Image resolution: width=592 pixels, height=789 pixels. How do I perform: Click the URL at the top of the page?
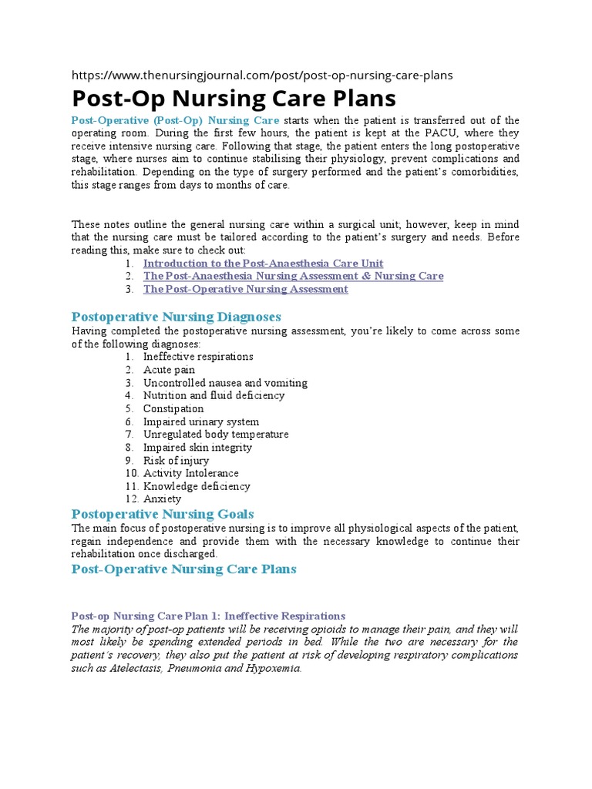coord(262,76)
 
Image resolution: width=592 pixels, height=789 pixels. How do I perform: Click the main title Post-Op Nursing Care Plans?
coord(234,99)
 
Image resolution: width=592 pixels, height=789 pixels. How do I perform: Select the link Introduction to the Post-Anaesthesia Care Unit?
coord(263,264)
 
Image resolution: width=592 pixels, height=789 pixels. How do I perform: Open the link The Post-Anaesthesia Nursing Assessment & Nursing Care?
coord(293,276)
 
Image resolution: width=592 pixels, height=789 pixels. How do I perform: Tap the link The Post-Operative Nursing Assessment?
coord(245,289)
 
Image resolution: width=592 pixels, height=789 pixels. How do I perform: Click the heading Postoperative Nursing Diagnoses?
coord(176,317)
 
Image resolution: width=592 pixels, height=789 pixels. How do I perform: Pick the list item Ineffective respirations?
coord(198,357)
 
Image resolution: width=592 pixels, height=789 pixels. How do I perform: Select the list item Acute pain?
coord(169,370)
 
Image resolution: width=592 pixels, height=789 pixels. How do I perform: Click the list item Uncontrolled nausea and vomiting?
coord(225,383)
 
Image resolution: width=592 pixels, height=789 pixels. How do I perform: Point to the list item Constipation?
coord(173,408)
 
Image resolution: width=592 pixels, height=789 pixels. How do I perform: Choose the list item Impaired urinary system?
coord(201,421)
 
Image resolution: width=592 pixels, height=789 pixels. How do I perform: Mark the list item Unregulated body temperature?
coord(216,435)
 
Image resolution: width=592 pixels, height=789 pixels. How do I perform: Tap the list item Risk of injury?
coord(176,461)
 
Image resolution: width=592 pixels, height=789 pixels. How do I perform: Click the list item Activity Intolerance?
coord(190,473)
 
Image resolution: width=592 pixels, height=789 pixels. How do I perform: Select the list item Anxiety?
coord(162,499)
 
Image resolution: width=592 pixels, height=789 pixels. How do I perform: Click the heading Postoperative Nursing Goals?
coord(163,514)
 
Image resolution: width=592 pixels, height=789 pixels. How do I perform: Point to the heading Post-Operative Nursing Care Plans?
coord(183,569)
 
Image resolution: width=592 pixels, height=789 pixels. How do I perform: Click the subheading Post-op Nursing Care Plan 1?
coord(208,616)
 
